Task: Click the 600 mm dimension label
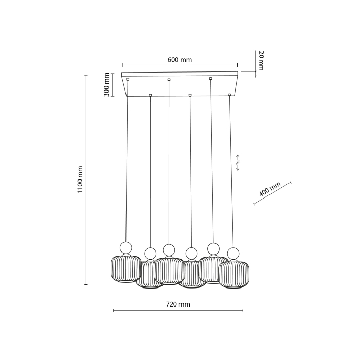coord(179,59)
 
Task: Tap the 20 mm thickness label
coord(261,61)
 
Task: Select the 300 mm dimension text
coord(106,84)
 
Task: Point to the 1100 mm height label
coord(80,179)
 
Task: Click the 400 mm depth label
coord(269,190)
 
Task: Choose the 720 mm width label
coord(178,304)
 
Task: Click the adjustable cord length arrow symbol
coord(238,162)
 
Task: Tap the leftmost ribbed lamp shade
coord(125,268)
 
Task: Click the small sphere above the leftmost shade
coord(126,246)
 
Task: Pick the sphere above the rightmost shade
coord(233,254)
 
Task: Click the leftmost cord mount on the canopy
coord(128,79)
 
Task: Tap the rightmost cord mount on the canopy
coord(229,95)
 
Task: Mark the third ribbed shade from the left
coord(169,271)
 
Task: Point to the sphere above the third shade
coord(169,250)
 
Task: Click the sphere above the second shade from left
coord(150,253)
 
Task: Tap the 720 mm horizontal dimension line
coord(178,311)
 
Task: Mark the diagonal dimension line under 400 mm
coord(273,193)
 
